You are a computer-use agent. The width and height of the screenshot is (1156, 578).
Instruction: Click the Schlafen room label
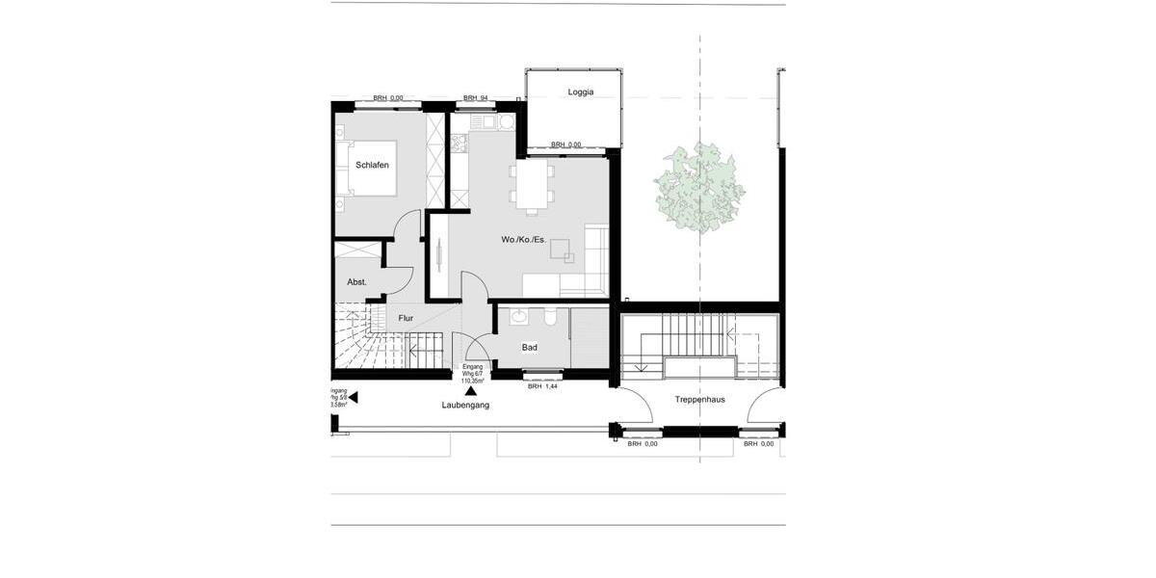[x=372, y=166]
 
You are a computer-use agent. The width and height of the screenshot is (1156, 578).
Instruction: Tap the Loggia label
[x=581, y=92]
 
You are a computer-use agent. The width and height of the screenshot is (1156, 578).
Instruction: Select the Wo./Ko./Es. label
[x=523, y=239]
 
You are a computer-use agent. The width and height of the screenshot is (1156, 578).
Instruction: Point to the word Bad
[x=530, y=347]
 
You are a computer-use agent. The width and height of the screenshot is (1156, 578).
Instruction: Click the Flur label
[x=406, y=317]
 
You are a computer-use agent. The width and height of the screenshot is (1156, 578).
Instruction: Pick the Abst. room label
[x=356, y=281]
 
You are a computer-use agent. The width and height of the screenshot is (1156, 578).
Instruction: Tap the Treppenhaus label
[x=699, y=398]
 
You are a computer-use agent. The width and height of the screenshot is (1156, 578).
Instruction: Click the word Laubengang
[x=465, y=406]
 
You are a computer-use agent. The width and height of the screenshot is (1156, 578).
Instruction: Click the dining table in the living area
[x=532, y=185]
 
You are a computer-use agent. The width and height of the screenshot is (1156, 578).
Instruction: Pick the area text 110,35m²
[x=472, y=381]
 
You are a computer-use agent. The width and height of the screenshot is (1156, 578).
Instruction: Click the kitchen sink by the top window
[x=484, y=122]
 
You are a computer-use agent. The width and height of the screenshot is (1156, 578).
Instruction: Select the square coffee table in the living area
[x=563, y=250]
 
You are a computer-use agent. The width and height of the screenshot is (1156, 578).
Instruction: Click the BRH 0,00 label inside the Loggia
[x=565, y=144]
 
